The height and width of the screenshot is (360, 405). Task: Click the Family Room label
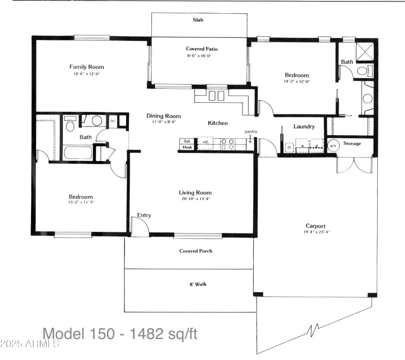pos(87,67)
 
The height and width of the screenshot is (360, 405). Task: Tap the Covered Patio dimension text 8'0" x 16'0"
pos(198,56)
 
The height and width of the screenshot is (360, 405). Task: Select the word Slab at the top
pos(198,21)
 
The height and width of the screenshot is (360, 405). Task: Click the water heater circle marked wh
pos(333,146)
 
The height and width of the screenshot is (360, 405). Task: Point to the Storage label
pos(352,144)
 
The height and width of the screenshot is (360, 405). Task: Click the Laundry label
pos(304,127)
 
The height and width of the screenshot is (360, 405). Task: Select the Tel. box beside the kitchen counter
pos(186,141)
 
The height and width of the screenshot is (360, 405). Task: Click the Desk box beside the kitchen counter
pos(186,147)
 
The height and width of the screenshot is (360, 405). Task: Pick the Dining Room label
pos(164,116)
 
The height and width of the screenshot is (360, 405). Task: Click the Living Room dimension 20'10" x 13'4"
pos(195,199)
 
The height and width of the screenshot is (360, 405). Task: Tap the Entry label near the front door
pos(144,215)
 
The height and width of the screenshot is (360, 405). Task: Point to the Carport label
pos(315,226)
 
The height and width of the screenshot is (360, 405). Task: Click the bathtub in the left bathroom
pos(78,153)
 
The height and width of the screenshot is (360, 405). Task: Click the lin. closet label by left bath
pos(113,121)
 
